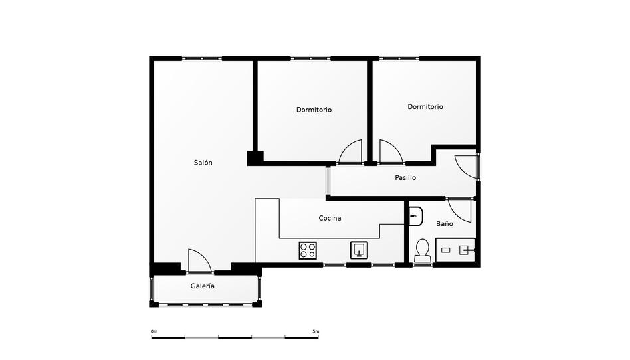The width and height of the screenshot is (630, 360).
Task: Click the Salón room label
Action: (x=203, y=163)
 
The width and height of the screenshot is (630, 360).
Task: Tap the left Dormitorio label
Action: (x=314, y=110)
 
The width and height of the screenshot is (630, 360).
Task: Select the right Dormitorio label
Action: (x=425, y=106)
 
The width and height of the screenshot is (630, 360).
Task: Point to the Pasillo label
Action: (x=405, y=178)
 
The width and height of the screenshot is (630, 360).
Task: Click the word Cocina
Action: (x=330, y=218)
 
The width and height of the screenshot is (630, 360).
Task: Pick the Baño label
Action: (x=445, y=224)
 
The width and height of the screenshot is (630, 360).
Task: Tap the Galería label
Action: (x=203, y=286)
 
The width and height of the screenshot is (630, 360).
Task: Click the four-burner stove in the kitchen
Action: (x=308, y=250)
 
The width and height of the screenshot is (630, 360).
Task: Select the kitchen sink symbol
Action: (x=359, y=250)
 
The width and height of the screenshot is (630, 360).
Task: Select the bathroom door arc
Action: (x=460, y=210)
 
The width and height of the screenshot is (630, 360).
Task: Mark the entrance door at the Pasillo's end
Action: (x=467, y=167)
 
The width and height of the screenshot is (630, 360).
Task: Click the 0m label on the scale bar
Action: (x=154, y=331)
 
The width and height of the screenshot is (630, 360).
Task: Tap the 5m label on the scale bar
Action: (x=316, y=331)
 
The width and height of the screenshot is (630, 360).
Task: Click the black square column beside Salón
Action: (x=255, y=158)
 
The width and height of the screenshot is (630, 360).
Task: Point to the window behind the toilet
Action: (x=422, y=265)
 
